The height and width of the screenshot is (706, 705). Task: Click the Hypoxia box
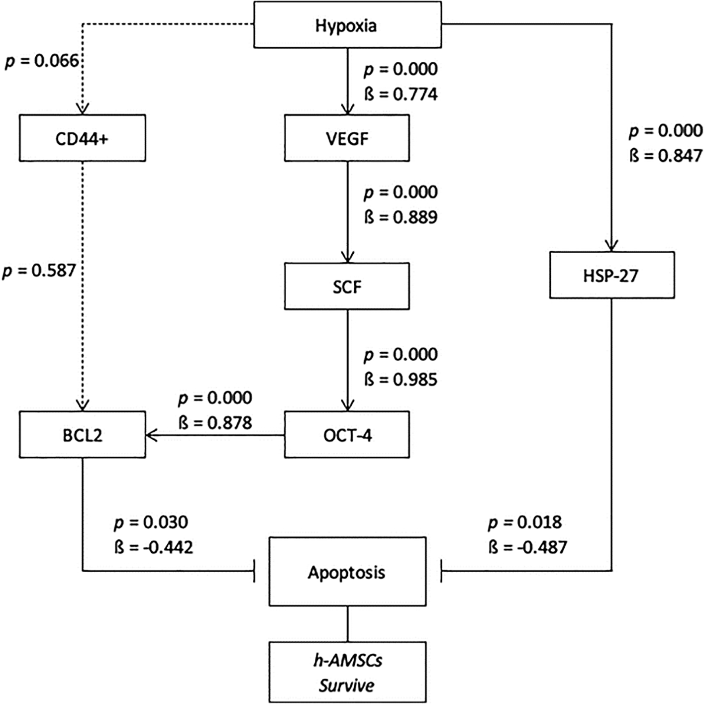[x=348, y=25]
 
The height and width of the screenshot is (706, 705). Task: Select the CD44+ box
[x=83, y=138]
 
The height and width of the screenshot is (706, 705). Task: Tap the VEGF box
[x=347, y=138]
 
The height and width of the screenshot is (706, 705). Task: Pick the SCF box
[x=347, y=286]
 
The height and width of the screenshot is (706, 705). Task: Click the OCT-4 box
[x=347, y=434]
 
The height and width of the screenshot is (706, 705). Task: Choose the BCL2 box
[x=83, y=434]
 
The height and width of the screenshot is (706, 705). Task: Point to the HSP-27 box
[x=612, y=275]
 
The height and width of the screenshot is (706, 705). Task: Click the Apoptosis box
[x=347, y=572]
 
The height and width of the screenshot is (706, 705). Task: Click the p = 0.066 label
[x=42, y=61]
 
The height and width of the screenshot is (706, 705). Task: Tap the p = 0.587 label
[x=39, y=271]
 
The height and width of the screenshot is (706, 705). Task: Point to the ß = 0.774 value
[x=401, y=95]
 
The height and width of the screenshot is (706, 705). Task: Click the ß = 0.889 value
[x=401, y=217]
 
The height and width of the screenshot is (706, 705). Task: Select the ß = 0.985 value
[x=401, y=380]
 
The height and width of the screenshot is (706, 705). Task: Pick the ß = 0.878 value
[x=215, y=423]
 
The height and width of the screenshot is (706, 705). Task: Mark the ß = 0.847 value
[x=666, y=156]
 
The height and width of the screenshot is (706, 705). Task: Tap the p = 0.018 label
[x=525, y=522]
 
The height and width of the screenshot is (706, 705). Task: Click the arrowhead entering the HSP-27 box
[x=611, y=246]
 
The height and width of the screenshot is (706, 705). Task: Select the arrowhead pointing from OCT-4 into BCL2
[x=152, y=435]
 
